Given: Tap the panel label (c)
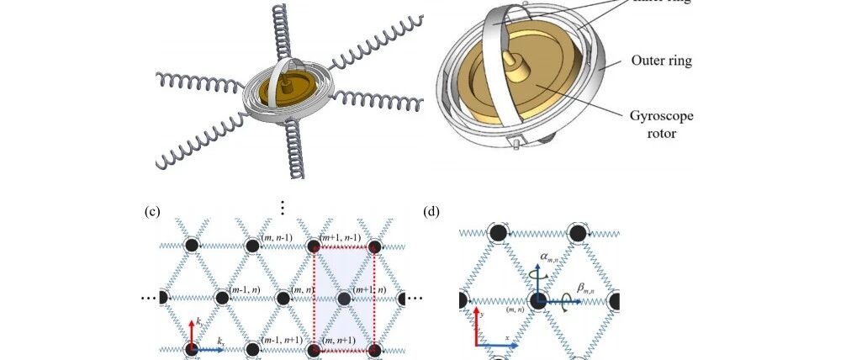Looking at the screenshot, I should coord(152,212).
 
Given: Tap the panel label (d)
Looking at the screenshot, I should coord(431,212).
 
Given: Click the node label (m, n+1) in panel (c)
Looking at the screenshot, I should coord(339,340).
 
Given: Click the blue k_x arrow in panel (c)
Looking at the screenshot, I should coord(209,348).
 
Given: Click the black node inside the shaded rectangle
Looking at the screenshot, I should coord(344,299).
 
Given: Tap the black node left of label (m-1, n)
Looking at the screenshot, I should coord(222,298).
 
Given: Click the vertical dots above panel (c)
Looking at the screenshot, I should coord(283,205).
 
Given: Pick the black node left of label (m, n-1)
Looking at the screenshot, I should coord(253,246).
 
